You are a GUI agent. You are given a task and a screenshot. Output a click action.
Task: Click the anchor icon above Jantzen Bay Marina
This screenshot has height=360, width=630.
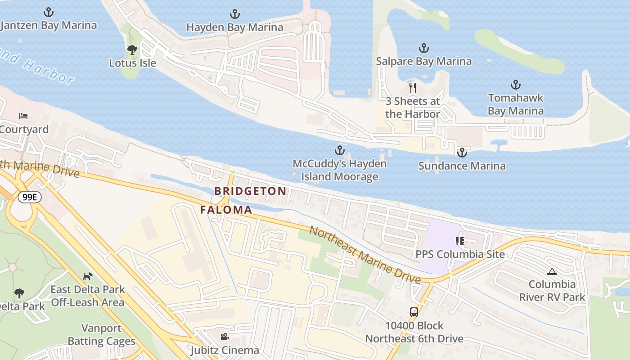(48, 12)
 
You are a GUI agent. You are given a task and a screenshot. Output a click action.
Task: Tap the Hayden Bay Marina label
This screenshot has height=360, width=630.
(234, 27)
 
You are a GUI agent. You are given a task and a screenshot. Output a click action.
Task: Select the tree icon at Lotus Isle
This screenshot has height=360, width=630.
(132, 49)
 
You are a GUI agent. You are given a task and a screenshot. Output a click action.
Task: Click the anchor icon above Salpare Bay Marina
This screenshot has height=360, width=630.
(423, 48)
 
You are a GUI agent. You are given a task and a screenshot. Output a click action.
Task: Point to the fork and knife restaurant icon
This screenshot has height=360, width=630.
(412, 87)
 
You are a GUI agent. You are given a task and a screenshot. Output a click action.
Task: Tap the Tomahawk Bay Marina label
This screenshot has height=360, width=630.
(516, 104)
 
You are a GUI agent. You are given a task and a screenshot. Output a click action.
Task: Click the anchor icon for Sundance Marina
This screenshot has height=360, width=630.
(462, 153)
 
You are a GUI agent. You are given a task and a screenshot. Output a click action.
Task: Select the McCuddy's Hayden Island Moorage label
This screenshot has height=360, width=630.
(339, 170)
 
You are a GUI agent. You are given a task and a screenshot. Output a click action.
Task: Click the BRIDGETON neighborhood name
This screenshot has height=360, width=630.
(250, 191)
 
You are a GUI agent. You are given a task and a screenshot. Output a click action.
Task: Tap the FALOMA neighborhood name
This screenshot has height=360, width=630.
(226, 210)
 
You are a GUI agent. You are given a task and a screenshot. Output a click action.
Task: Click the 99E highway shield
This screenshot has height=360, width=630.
(30, 197)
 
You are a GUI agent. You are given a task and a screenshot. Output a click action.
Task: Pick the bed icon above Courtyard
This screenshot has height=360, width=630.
(23, 116)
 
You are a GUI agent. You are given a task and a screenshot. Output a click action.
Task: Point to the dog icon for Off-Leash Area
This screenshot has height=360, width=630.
(88, 276)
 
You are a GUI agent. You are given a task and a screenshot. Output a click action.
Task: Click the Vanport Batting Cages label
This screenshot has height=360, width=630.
(101, 335)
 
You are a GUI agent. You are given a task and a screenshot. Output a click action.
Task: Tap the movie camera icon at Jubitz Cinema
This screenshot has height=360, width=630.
(225, 337)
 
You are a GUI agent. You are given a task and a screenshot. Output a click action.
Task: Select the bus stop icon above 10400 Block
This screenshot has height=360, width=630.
(414, 312)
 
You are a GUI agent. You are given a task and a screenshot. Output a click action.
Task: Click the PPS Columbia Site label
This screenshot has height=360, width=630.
(459, 254)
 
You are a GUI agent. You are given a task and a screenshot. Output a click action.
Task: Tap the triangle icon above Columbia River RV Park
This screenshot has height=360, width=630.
(552, 271)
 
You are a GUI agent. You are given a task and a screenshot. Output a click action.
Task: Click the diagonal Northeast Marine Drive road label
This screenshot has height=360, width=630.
(364, 254)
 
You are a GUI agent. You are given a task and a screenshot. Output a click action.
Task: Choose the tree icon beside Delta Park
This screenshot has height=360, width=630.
(19, 293)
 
